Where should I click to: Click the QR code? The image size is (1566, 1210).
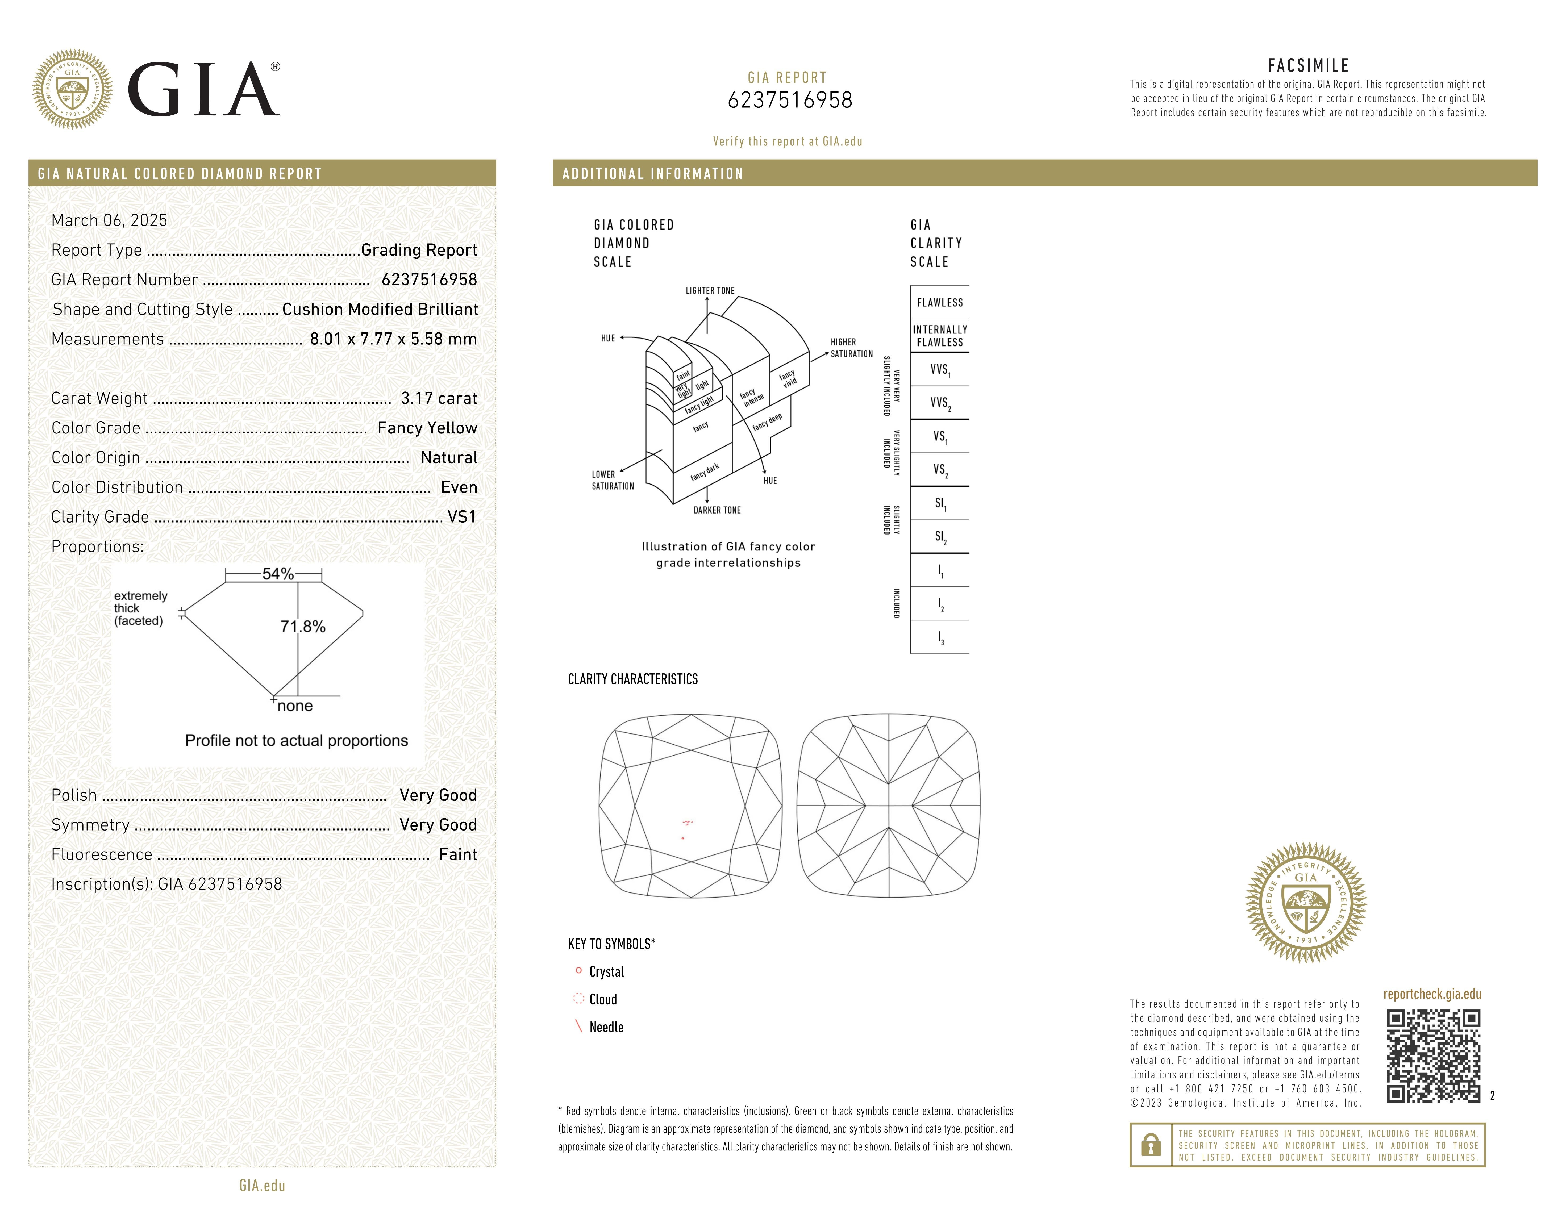(x=1433, y=1056)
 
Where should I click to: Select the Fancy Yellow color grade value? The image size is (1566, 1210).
(x=427, y=428)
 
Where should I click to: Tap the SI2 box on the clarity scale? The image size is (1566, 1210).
(x=940, y=537)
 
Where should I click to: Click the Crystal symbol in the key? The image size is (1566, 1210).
(x=579, y=971)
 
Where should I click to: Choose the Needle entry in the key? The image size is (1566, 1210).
(x=606, y=1027)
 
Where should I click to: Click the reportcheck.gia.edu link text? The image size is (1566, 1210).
(x=1432, y=994)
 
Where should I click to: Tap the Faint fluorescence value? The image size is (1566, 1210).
(x=457, y=854)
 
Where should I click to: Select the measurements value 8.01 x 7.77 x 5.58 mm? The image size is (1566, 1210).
(x=393, y=339)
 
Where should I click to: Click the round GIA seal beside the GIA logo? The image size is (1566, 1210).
(x=72, y=90)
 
